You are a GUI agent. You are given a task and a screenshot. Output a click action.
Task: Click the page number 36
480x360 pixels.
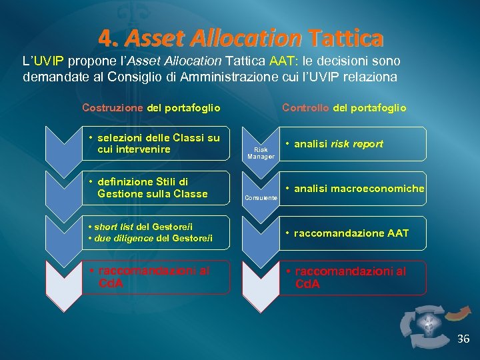click(463, 339)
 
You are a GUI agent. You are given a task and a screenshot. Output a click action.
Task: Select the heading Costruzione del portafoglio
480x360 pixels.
click(151, 107)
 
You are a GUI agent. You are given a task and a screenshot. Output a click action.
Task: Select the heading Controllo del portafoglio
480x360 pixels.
click(344, 107)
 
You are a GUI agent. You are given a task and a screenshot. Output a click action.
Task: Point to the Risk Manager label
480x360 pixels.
click(261, 153)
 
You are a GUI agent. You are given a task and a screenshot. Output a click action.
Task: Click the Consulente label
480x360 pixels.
click(261, 198)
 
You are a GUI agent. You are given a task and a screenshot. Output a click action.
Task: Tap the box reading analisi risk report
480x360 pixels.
click(352, 144)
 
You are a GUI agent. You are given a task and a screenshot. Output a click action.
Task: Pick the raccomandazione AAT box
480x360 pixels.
click(352, 233)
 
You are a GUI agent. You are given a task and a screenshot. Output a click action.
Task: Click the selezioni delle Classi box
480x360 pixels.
click(157, 144)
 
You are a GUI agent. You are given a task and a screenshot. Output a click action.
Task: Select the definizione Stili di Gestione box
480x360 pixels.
click(157, 189)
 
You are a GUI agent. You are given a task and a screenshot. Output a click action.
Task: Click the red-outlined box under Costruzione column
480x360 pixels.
click(157, 277)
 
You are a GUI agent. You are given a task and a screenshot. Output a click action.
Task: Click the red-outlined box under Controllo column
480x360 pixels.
click(352, 277)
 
